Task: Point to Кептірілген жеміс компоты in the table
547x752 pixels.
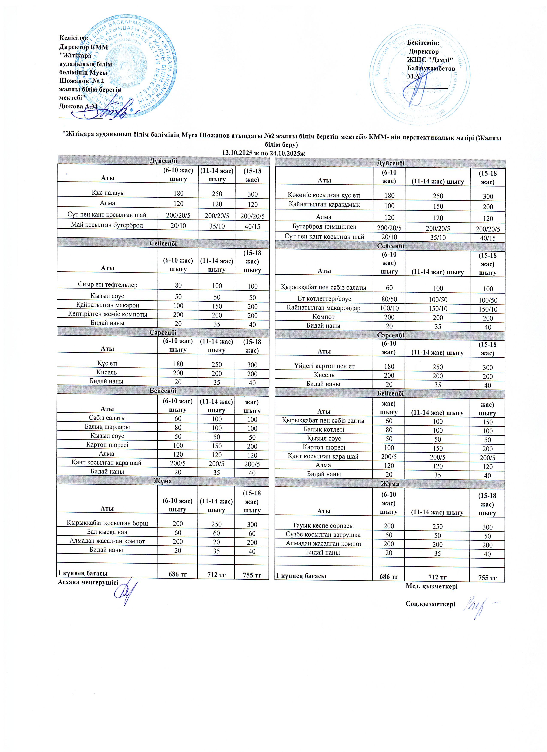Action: click(107, 314)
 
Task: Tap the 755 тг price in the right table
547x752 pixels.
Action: click(487, 578)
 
